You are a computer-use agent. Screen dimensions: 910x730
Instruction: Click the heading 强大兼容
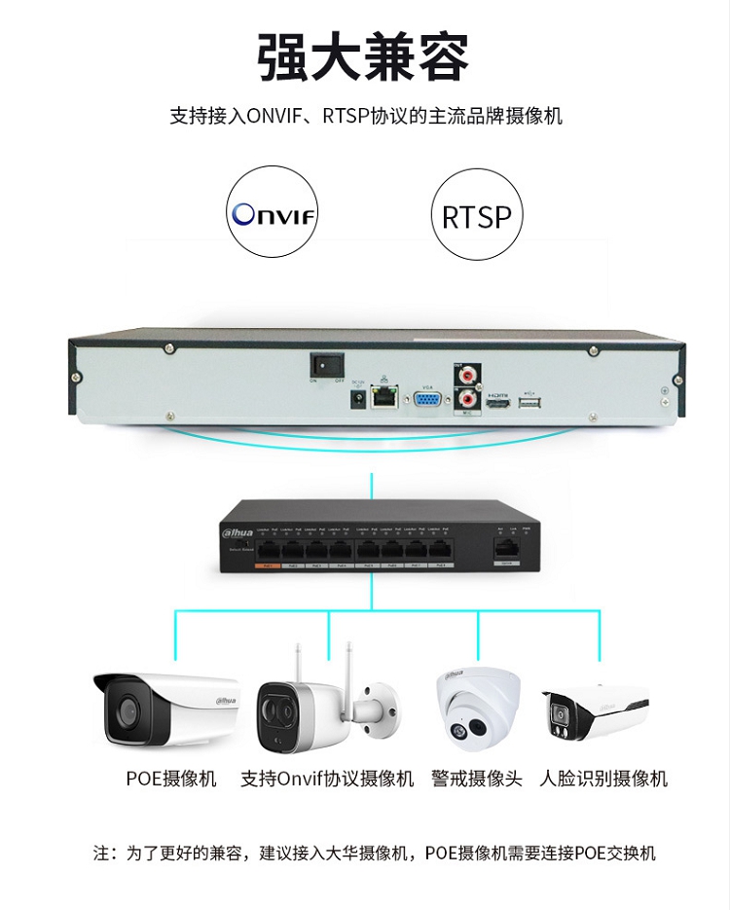click(364, 56)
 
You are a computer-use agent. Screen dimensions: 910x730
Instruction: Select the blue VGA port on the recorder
click(425, 399)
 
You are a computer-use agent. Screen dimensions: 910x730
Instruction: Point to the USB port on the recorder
click(529, 403)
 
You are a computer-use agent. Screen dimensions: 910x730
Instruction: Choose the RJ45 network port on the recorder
click(386, 396)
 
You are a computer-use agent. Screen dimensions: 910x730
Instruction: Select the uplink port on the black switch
click(506, 548)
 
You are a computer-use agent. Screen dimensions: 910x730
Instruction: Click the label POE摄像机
click(171, 779)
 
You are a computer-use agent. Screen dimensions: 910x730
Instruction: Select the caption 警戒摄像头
click(477, 779)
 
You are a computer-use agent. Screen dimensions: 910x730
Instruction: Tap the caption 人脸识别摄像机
click(603, 779)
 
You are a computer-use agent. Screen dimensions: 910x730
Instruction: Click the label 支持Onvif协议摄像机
click(327, 779)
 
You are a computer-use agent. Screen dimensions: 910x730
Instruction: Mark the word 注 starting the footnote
click(101, 854)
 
